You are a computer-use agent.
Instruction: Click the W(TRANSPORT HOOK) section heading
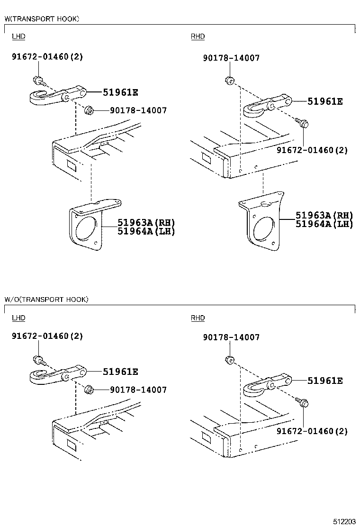click(42, 19)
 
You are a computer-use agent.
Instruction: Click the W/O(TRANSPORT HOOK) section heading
click(46, 300)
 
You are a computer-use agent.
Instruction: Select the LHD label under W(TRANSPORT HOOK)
click(18, 36)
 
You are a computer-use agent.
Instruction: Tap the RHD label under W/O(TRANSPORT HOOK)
click(198, 318)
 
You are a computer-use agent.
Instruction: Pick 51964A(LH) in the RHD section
click(324, 224)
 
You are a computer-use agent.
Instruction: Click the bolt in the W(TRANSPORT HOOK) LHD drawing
click(37, 80)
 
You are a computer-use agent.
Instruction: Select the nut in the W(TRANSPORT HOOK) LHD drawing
click(88, 110)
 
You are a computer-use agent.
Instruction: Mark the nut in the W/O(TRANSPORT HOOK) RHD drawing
click(228, 360)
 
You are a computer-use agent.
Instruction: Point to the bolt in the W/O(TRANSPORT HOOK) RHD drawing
click(304, 403)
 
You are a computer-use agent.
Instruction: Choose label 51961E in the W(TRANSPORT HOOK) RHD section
click(325, 101)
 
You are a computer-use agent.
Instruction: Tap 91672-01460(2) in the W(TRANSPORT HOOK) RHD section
click(312, 150)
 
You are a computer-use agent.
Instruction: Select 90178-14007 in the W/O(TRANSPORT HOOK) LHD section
click(138, 390)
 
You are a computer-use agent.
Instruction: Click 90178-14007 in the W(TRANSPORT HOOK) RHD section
click(231, 58)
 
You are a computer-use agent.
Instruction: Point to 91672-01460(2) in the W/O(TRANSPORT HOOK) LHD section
click(47, 336)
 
